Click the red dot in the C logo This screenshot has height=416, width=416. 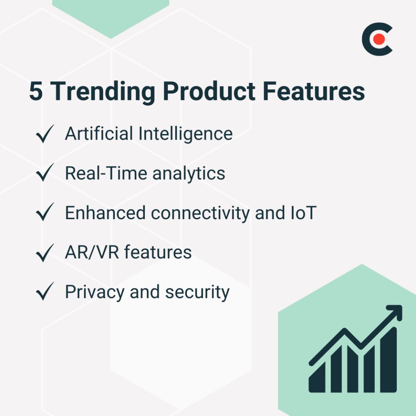tap(379, 39)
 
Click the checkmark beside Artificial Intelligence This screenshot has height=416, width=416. tap(45, 134)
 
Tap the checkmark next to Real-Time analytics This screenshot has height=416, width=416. tap(45, 174)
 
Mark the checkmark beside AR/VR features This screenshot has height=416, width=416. tap(45, 253)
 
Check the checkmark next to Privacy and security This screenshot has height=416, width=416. tap(45, 292)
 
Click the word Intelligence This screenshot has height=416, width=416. tap(186, 134)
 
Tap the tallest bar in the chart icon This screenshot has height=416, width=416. tap(388, 360)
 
